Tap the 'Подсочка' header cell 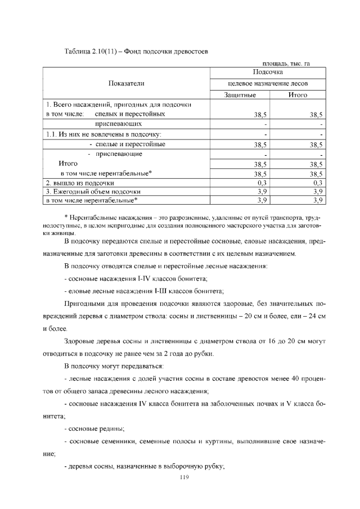pos(268,72)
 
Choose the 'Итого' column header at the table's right pos(298,96)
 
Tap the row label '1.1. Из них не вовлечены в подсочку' pos(103,134)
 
